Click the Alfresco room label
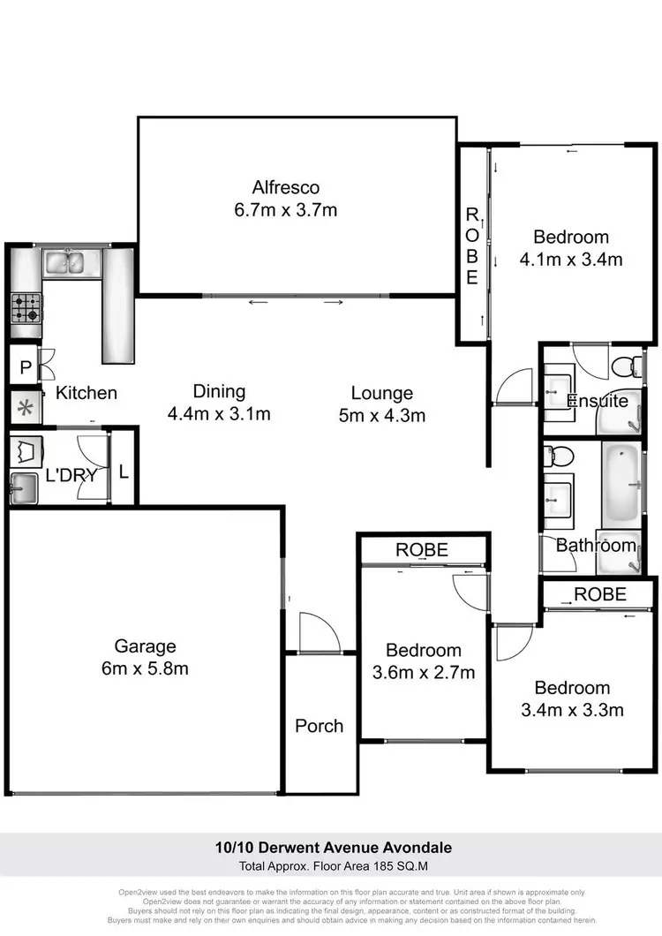pos(285,187)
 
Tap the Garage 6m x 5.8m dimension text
pos(145,668)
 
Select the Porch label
pos(319,726)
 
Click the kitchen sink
pos(64,261)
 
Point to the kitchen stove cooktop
pos(25,308)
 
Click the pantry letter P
pos(25,368)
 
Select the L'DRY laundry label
pos(71,475)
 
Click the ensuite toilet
pos(628,364)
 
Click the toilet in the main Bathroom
pos(560,457)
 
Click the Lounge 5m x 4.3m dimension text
pos(381,415)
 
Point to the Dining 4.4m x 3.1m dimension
pos(219,413)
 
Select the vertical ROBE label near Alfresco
pos(472,247)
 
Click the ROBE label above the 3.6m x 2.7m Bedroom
pos(421,549)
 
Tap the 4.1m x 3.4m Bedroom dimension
pos(571,259)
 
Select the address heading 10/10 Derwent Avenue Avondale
pos(333,848)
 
